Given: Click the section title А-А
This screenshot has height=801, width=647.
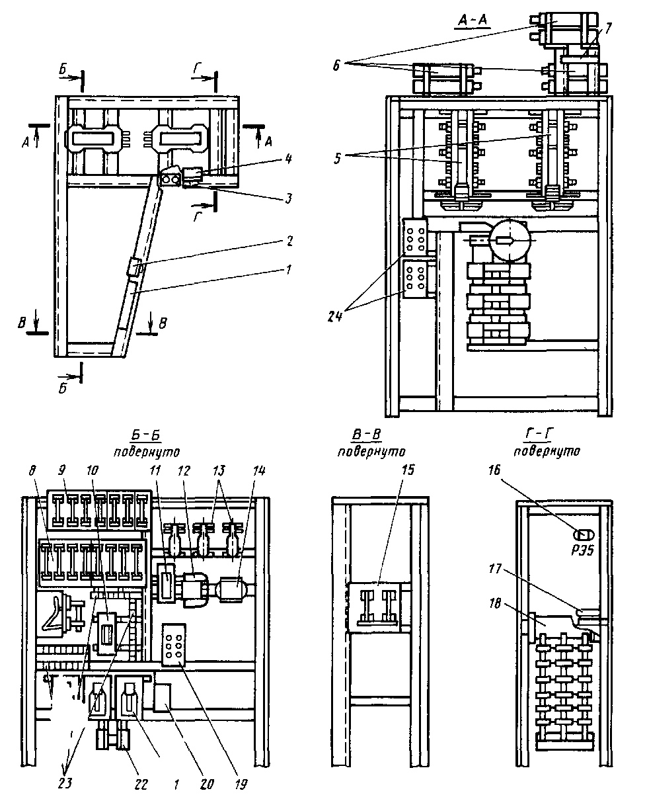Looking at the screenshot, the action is [473, 21].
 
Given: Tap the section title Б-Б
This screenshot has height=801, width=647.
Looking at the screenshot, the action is [146, 435].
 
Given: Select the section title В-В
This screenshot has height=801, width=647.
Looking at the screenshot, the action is [367, 435].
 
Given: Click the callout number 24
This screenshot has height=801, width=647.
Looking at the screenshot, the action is [334, 316].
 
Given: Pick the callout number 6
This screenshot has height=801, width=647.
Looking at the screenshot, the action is [336, 65].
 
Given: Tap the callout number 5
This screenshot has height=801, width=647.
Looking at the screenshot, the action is [337, 158].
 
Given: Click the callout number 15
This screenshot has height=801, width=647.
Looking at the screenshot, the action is [408, 470].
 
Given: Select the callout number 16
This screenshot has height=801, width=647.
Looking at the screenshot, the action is [495, 470].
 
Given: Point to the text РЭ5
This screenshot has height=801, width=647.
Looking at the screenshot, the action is [583, 550].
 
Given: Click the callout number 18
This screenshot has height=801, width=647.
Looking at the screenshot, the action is [495, 604].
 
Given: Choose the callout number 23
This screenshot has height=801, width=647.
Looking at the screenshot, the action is [65, 784].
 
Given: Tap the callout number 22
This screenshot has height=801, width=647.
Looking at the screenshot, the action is [141, 784].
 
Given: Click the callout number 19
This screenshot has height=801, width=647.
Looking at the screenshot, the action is [241, 784].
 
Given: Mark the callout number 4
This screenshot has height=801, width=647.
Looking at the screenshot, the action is [288, 158].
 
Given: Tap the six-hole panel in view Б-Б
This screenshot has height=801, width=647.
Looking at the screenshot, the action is [174, 645].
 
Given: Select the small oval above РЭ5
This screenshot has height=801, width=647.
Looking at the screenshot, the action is [584, 534].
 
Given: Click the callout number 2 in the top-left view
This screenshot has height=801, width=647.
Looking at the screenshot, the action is [289, 241].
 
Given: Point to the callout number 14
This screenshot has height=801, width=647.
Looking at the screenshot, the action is [259, 470].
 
